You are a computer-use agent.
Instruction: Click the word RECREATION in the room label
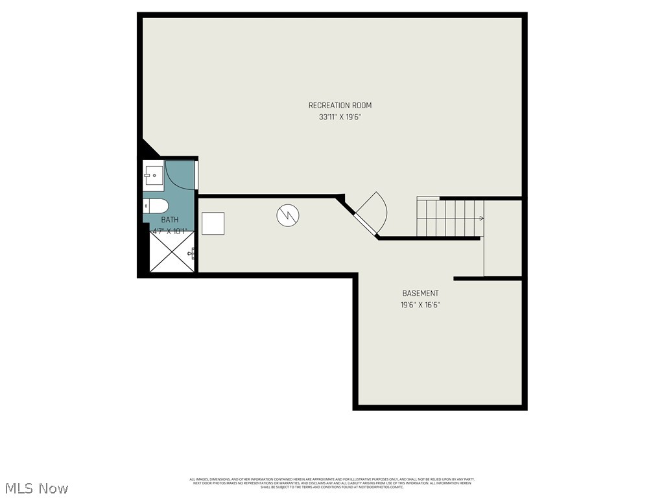coord(329,105)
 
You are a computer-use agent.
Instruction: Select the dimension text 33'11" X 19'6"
coord(340,117)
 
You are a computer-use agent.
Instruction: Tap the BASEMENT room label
coord(420,293)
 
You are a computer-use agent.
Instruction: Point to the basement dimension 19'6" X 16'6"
coord(420,305)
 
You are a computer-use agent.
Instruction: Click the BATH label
coord(170,220)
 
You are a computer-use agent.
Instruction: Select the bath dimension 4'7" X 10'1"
coord(170,231)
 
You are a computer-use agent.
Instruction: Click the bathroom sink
coord(154,174)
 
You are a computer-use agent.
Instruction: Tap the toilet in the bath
coord(156,206)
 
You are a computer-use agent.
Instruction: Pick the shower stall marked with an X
coord(171,252)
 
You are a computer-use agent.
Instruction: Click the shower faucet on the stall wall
coord(192,252)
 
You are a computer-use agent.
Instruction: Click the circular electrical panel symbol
coord(286,215)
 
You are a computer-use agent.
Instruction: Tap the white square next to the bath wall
coord(213,223)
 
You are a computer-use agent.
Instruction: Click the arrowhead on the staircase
coord(481,219)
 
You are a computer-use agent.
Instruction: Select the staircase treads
coord(449,218)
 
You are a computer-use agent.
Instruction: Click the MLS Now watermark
coord(36,488)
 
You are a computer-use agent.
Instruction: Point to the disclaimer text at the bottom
coord(331,483)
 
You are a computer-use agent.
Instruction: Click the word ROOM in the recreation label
coord(362,105)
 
